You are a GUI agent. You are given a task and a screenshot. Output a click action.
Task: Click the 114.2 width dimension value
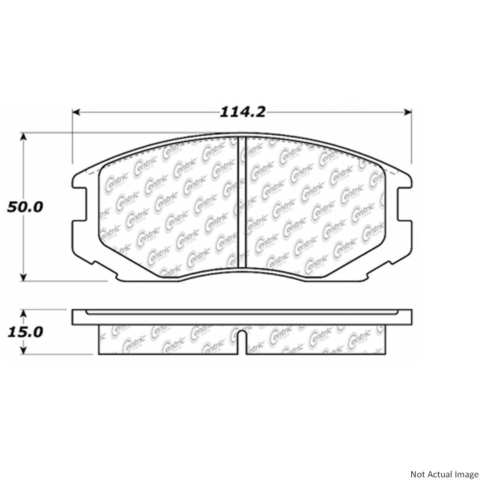coord(242,112)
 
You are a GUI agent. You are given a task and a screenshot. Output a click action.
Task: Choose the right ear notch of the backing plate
coord(403,203)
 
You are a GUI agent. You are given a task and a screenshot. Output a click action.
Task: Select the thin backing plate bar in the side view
coord(242,317)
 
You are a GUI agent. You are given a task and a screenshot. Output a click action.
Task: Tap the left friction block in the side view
coord(168,339)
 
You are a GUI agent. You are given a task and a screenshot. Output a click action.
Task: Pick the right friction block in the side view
coord(317,339)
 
